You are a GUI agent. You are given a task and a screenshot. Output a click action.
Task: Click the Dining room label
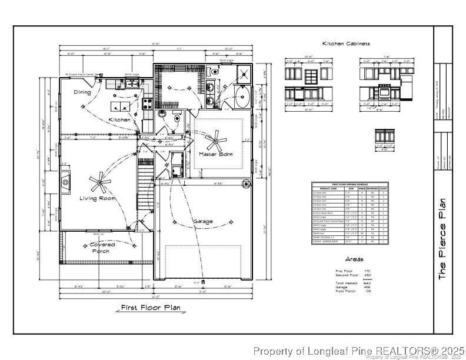click(x=82, y=92)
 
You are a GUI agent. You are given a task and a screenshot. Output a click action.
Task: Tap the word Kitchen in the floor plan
click(x=119, y=119)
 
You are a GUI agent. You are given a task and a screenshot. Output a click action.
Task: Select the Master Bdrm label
click(x=216, y=154)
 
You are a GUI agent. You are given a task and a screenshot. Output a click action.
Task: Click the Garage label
click(x=203, y=221)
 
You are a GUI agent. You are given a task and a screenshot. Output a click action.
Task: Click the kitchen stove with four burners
click(x=148, y=104)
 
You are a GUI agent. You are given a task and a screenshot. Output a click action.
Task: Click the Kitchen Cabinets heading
click(x=346, y=44)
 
